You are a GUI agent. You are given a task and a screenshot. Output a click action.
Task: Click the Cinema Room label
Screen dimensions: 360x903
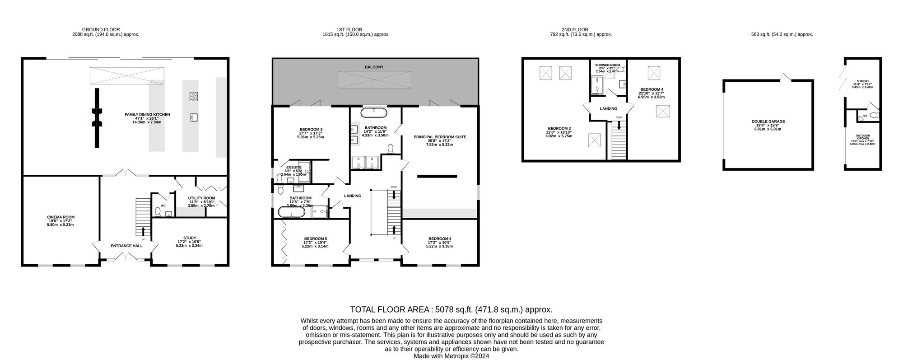click(x=61, y=217)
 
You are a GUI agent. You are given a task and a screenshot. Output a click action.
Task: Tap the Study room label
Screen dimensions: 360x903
click(x=190, y=238)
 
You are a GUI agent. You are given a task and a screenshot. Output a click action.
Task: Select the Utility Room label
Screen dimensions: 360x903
click(x=201, y=198)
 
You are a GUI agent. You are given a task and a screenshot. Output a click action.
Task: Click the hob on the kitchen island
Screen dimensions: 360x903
click(x=193, y=96)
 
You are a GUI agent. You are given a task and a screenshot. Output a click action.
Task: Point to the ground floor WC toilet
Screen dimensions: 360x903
click(x=158, y=211)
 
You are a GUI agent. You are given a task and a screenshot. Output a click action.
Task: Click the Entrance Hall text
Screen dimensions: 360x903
click(x=126, y=246)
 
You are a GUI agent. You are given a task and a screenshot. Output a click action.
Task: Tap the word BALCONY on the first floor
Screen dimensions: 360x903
click(x=374, y=67)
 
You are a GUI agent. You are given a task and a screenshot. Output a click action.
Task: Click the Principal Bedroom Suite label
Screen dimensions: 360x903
click(x=440, y=137)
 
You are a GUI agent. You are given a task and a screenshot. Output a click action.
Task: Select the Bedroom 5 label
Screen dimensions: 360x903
click(x=315, y=239)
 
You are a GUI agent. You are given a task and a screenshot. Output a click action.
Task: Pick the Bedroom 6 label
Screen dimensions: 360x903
click(x=440, y=239)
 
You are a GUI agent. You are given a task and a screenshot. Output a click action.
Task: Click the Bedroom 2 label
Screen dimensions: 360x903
click(x=311, y=130)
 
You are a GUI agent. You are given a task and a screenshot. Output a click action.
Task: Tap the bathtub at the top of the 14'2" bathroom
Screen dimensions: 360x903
click(x=374, y=112)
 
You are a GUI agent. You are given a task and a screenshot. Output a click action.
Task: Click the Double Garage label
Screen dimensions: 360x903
click(x=768, y=122)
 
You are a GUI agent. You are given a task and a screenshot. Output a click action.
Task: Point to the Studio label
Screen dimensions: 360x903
click(x=862, y=81)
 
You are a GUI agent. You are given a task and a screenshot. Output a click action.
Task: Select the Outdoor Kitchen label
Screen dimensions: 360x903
click(x=862, y=137)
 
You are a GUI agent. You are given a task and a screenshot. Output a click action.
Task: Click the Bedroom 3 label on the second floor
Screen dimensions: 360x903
click(x=559, y=129)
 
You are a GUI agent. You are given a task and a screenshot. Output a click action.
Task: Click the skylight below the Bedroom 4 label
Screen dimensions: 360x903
click(x=663, y=111)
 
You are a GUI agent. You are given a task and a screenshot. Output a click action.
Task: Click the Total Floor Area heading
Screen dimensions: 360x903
click(x=451, y=310)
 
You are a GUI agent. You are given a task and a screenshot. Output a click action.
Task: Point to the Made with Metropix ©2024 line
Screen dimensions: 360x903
click(x=451, y=356)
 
